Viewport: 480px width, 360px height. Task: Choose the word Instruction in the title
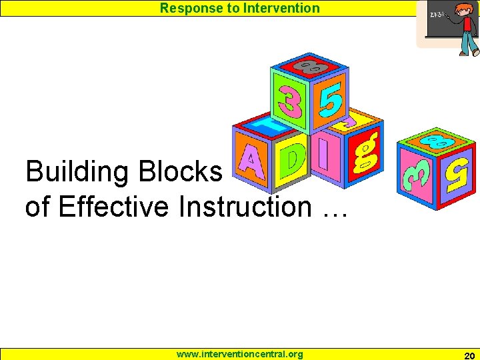[x=245, y=207]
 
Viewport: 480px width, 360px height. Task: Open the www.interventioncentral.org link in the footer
[x=239, y=354]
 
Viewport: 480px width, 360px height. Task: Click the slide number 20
[x=469, y=355]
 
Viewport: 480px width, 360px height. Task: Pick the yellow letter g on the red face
[x=367, y=152]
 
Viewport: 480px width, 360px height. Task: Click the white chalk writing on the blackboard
[x=437, y=15]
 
